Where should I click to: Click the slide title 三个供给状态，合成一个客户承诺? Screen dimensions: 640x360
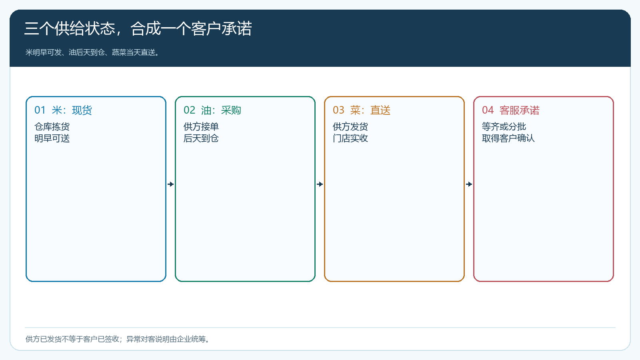point(138,28)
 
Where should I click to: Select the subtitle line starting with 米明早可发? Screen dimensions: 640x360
point(92,52)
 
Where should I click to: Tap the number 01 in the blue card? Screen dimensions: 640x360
point(40,110)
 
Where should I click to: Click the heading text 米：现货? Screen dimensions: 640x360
point(72,110)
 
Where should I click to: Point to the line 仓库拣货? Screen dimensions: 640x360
point(52,126)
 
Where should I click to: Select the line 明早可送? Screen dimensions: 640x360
point(52,138)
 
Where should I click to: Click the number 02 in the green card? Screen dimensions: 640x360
point(189,110)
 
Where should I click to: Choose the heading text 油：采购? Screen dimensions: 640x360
point(221,110)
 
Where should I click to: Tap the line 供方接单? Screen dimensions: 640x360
point(201,126)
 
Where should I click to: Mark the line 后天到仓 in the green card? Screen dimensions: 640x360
point(201,138)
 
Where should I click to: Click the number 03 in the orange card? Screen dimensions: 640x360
point(338,110)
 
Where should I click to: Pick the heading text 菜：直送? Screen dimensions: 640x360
point(370,110)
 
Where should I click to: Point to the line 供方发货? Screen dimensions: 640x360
point(350,126)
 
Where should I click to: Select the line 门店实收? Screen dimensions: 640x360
point(350,138)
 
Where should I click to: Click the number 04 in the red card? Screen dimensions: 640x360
point(488,110)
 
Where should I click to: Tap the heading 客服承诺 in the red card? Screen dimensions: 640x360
point(520,110)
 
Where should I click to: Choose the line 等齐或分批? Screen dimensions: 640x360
point(504,126)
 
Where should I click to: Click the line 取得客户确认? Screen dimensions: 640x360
point(508,138)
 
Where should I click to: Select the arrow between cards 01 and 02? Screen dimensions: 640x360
point(170,184)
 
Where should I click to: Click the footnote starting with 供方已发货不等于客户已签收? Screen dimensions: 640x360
point(118,339)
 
